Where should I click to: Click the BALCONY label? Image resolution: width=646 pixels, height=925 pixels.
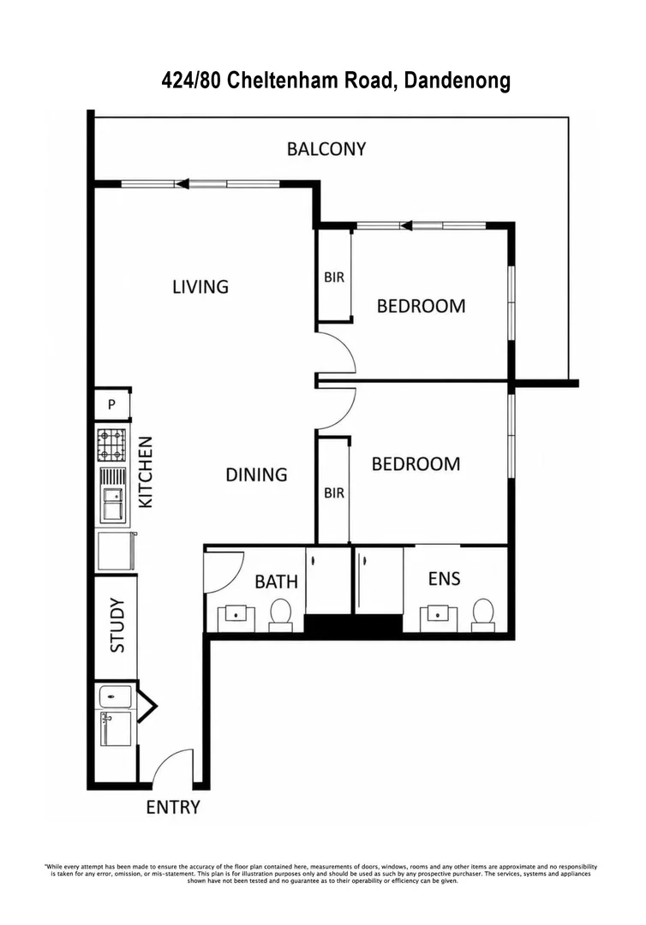[326, 149]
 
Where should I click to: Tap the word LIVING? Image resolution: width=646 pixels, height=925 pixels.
[200, 287]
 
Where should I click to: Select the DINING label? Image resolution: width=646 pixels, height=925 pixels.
[256, 474]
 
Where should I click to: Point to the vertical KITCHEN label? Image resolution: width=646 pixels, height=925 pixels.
[145, 472]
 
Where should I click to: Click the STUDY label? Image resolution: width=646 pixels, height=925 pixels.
[117, 625]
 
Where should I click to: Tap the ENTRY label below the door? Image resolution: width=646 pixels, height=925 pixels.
[173, 807]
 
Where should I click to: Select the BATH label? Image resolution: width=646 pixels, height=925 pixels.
[276, 582]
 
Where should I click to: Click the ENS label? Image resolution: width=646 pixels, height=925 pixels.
[445, 579]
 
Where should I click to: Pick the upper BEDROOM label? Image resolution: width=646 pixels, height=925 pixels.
[421, 306]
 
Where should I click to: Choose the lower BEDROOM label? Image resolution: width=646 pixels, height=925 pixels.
[416, 464]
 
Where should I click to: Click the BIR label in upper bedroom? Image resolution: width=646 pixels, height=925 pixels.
[334, 277]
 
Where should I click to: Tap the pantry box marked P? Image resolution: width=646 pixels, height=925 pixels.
[112, 404]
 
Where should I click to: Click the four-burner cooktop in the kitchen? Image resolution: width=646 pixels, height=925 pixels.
[111, 445]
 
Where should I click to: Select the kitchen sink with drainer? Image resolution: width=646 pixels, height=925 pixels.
[112, 495]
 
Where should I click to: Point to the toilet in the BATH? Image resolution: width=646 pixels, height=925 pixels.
[280, 615]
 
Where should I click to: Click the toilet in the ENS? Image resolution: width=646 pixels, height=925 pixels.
[483, 615]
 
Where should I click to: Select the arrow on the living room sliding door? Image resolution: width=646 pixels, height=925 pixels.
[182, 184]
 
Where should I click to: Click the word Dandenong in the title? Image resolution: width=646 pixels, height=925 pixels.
[458, 81]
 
